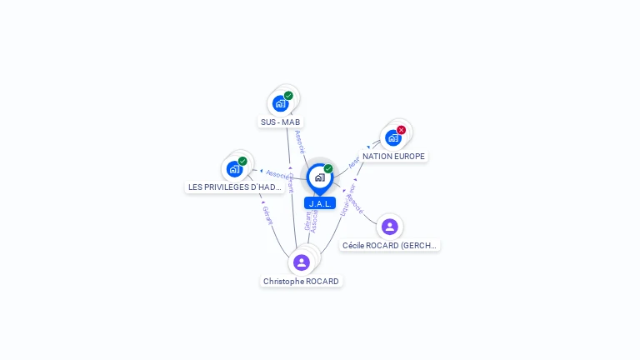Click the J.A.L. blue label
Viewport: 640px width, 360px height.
(320, 203)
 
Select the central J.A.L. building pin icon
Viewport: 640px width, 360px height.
(320, 177)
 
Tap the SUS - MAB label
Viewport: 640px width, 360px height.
(280, 122)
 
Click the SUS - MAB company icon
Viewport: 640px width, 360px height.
(280, 104)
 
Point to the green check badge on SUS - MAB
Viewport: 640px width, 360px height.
(288, 96)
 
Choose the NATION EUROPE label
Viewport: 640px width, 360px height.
(393, 157)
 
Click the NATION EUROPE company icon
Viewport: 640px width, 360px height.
(393, 138)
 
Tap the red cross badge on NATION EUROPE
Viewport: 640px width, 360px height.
(402, 130)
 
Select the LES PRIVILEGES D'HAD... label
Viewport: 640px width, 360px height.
(235, 187)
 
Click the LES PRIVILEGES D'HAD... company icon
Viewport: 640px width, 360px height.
(234, 169)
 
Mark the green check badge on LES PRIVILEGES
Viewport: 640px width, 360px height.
(242, 161)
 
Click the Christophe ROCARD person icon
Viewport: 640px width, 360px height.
(302, 262)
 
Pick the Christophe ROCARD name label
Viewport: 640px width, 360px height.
(302, 282)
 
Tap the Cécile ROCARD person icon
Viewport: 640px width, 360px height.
(390, 227)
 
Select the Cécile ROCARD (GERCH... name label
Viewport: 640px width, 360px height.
(390, 246)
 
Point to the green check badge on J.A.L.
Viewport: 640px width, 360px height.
(328, 169)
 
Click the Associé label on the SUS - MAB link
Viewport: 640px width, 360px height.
(300, 141)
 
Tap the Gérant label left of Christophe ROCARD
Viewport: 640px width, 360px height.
(267, 215)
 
